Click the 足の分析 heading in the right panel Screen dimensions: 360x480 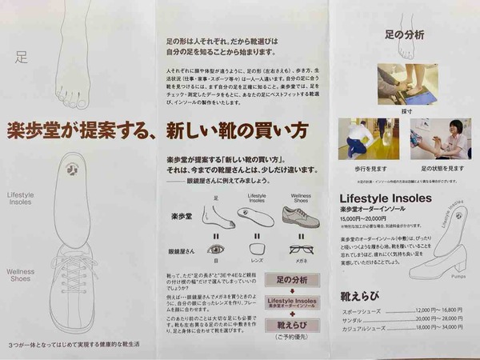point(404,35)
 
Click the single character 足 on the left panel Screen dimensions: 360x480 point(22,57)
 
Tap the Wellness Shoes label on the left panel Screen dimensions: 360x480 point(21,276)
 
